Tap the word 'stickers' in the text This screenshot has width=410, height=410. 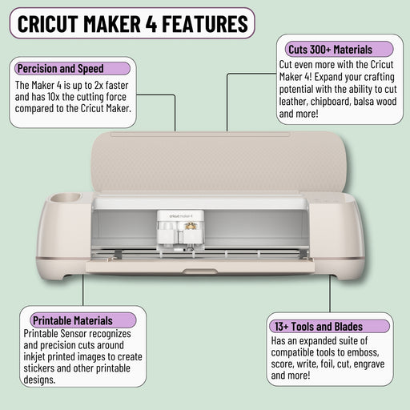pyautogui.click(x=41, y=369)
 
